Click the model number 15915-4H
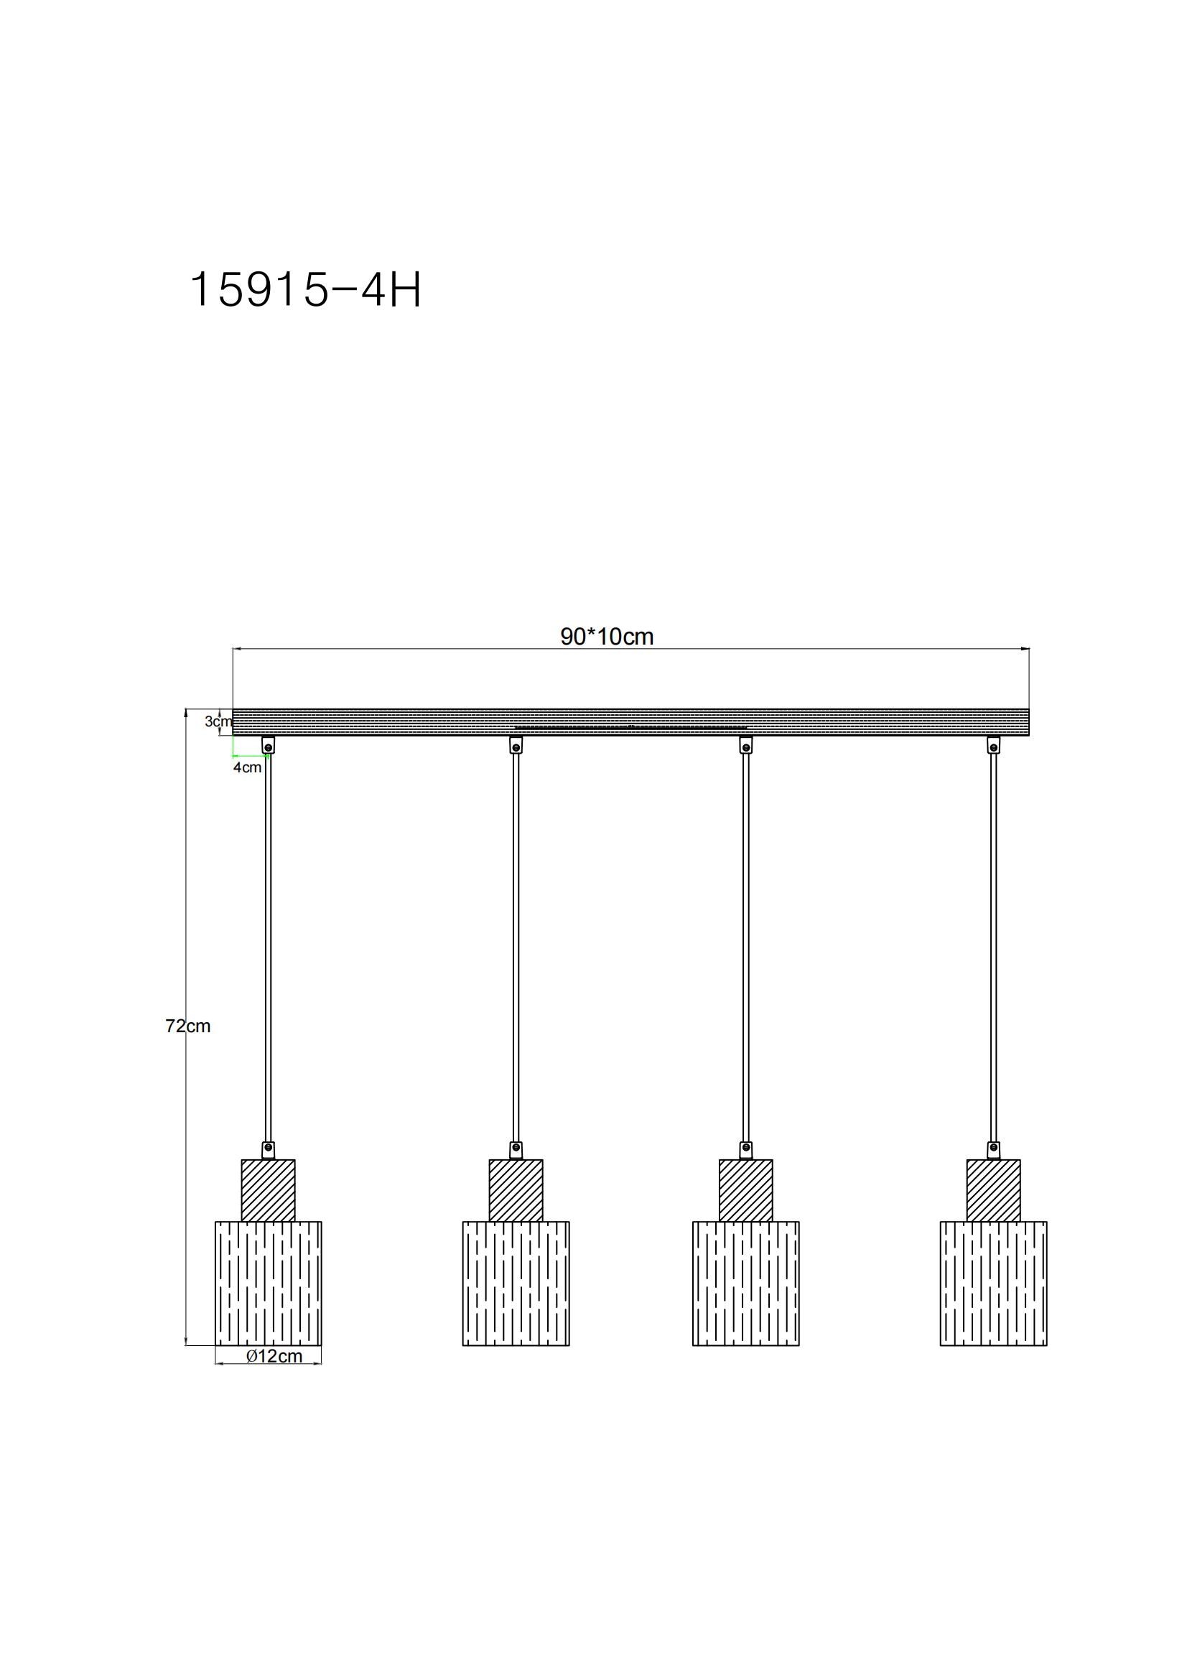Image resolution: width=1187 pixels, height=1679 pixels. (x=305, y=290)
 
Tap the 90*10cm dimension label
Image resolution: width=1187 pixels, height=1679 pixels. (x=606, y=637)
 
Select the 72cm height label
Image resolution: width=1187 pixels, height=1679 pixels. (x=187, y=1026)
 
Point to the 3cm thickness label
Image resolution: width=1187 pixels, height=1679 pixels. (x=217, y=721)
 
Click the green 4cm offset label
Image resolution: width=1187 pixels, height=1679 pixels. (x=247, y=767)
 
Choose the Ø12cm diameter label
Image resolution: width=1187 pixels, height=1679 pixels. (x=274, y=1356)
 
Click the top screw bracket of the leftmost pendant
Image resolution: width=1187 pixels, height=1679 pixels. (x=269, y=745)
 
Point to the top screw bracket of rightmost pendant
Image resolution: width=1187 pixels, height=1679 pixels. (x=993, y=745)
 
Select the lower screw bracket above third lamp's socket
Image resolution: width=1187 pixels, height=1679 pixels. (x=745, y=1150)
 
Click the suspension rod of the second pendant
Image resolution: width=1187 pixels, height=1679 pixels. (x=516, y=950)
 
